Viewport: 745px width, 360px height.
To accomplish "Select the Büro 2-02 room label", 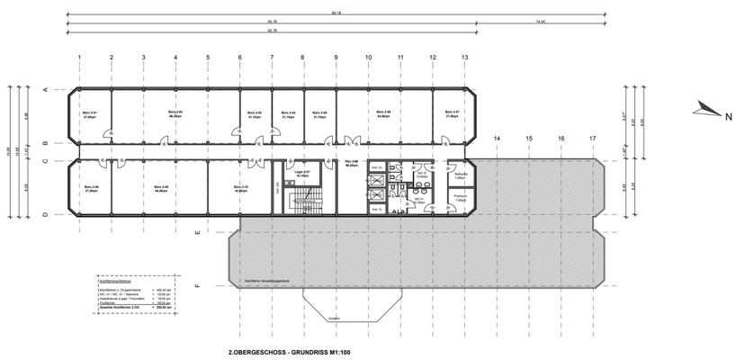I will [x=175, y=114].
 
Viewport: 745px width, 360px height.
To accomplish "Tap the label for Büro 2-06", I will [x=383, y=114].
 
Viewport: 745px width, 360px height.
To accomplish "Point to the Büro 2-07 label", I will [x=453, y=114].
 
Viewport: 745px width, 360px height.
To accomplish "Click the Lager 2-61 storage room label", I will [x=303, y=174].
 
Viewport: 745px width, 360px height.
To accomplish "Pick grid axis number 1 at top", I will [x=79, y=57].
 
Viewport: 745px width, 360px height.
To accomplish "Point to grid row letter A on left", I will [x=43, y=91].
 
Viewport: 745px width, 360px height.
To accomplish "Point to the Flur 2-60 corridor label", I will [x=351, y=165].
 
